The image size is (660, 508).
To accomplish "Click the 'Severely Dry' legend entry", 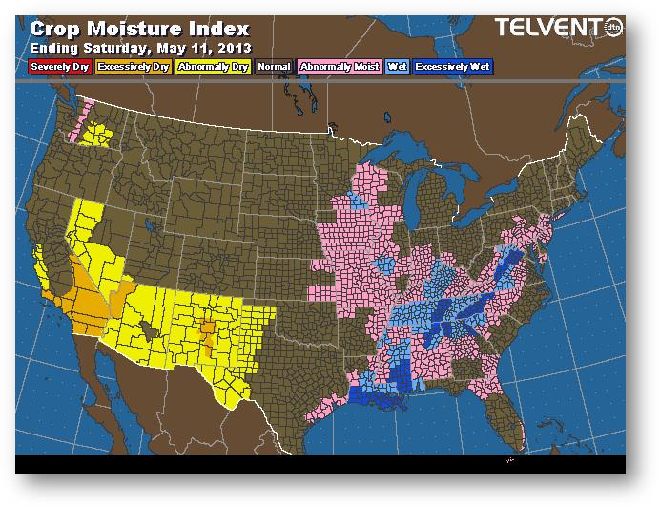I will [x=58, y=67].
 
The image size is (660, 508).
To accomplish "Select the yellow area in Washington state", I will [x=95, y=135].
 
